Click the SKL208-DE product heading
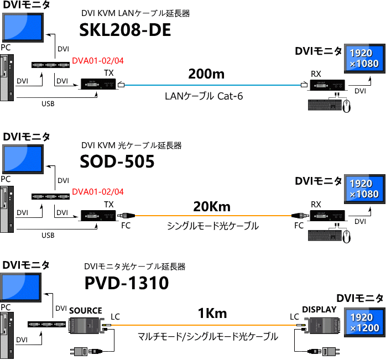(x=125, y=30)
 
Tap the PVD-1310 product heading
(x=126, y=283)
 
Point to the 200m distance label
(x=206, y=74)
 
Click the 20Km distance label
(x=211, y=207)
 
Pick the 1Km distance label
(x=212, y=314)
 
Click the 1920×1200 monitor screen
(x=364, y=323)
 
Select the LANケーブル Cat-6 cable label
(x=204, y=96)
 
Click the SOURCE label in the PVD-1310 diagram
(x=86, y=311)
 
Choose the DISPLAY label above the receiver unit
(x=319, y=310)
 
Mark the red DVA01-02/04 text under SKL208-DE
(x=98, y=61)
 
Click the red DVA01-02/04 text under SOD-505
(x=98, y=192)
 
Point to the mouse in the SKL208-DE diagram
(x=347, y=106)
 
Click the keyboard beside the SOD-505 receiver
(x=323, y=236)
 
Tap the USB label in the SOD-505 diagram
(x=48, y=236)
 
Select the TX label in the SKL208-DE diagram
(x=109, y=73)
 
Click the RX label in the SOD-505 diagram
(x=316, y=205)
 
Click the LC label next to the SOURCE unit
(x=115, y=317)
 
